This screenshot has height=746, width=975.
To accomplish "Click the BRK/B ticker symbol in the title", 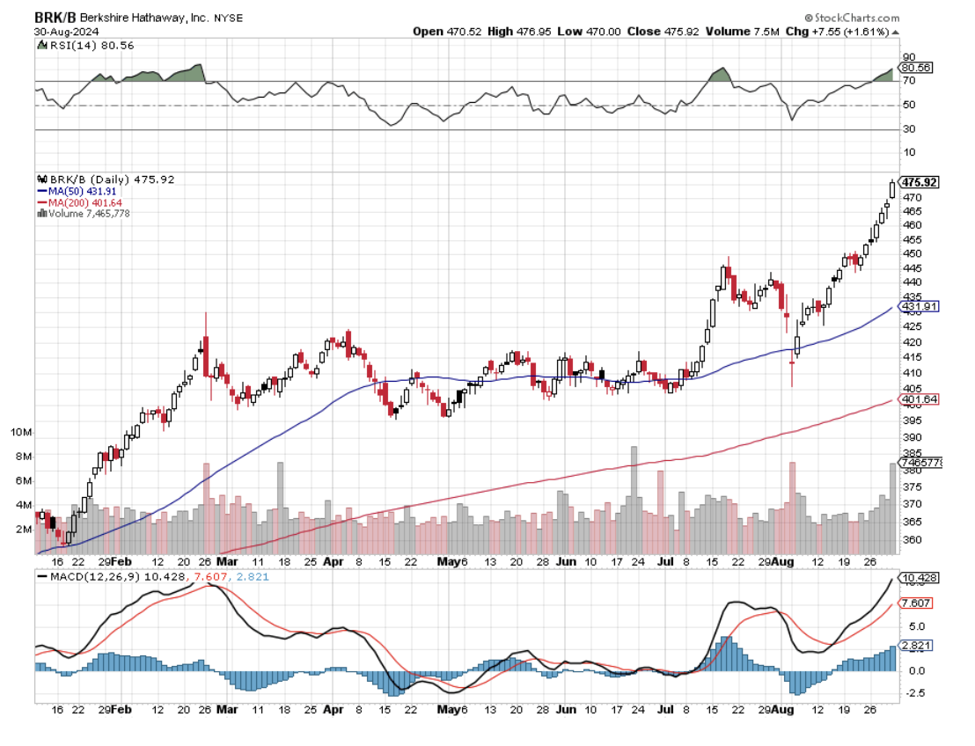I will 55,18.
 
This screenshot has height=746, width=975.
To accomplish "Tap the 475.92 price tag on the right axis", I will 920,182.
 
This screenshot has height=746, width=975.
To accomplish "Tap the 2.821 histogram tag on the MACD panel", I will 916,645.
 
